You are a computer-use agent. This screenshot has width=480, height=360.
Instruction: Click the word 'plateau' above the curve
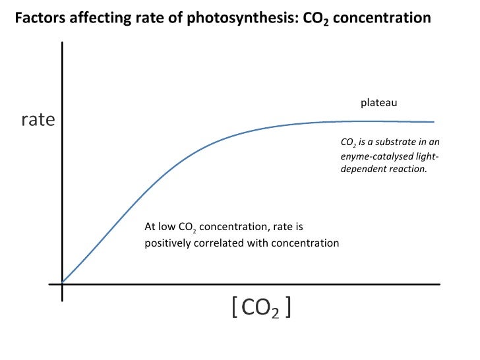coord(379,104)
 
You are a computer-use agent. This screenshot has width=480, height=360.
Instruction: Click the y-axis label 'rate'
coord(38,120)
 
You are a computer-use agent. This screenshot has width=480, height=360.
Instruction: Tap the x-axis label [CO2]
coord(262,307)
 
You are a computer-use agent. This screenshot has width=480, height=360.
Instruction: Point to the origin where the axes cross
coord(62,284)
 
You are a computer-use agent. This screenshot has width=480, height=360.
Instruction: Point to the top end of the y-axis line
coord(62,43)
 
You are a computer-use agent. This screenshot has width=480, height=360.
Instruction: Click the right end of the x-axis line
coord(439,284)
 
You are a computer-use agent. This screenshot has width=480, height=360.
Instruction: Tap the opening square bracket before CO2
coord(235,307)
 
